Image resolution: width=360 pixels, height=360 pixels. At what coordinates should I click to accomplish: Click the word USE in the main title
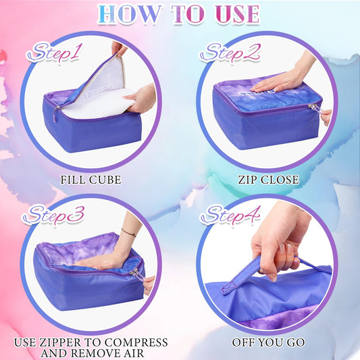(x=238, y=14)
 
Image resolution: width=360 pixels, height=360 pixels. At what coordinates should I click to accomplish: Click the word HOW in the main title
(x=129, y=14)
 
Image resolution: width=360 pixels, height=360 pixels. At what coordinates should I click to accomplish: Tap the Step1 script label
(x=55, y=53)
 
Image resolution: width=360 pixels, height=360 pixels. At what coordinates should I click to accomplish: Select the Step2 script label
(x=230, y=53)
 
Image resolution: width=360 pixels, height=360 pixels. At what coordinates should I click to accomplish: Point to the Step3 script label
(x=53, y=215)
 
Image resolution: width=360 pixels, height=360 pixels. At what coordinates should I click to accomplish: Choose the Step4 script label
(x=230, y=215)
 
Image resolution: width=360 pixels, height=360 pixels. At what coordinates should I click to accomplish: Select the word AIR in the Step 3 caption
(x=132, y=353)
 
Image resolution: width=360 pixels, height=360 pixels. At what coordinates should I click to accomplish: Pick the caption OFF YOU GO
(x=268, y=342)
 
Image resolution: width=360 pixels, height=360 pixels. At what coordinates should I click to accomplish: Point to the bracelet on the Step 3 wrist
(x=128, y=232)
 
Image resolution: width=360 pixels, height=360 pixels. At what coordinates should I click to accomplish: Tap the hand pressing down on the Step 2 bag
(x=282, y=79)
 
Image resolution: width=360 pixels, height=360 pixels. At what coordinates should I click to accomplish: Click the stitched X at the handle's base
(x=229, y=287)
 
